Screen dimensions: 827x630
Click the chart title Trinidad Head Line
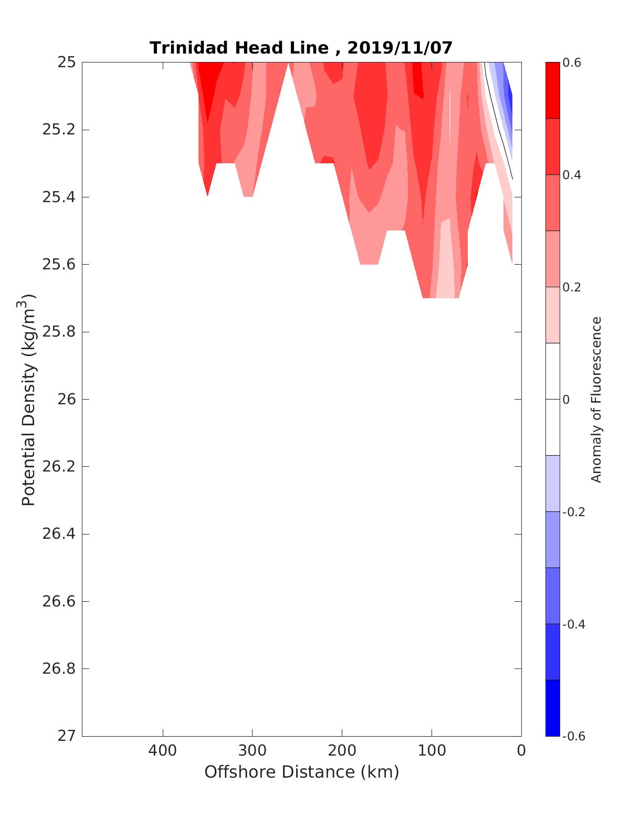pos(239,48)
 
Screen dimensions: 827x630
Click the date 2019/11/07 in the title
pos(400,48)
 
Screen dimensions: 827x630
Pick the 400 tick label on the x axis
pos(163,751)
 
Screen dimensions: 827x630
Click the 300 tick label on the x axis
pos(252,751)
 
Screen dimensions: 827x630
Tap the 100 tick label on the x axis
pos(432,751)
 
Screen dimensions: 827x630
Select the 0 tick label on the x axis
pos(521,751)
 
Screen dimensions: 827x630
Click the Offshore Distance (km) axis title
pos(301,772)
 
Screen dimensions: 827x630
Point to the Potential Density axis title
pos(29,399)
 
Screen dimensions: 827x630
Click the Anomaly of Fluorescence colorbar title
pos(596,399)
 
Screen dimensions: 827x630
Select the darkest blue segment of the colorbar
pos(553,708)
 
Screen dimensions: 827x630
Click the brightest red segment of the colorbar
pos(553,90)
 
